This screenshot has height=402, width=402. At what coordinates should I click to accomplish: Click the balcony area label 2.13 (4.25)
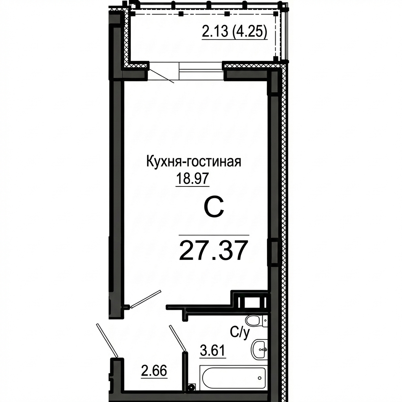click(235, 32)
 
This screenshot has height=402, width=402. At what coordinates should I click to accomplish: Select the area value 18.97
click(192, 178)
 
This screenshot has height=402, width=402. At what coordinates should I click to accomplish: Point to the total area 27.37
click(214, 250)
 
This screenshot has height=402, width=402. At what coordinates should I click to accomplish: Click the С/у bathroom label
click(240, 333)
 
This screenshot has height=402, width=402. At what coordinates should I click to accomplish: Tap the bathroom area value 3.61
click(212, 351)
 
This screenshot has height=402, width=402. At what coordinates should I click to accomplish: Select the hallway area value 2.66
click(154, 371)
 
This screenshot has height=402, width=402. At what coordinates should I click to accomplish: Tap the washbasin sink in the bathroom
click(259, 349)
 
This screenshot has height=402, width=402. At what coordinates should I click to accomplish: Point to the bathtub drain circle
click(260, 378)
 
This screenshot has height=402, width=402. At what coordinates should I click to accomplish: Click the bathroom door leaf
click(177, 338)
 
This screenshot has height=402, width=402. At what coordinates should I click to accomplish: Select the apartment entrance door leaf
click(107, 340)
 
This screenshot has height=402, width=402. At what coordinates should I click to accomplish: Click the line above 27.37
click(214, 235)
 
